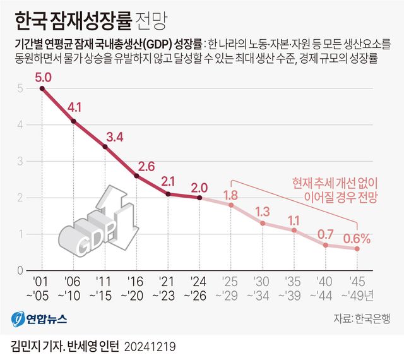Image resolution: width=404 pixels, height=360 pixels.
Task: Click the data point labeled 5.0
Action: coord(42,88)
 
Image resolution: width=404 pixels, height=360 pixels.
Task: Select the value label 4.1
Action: coord(74,107)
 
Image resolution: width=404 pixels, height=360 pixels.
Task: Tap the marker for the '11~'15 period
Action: coord(105,147)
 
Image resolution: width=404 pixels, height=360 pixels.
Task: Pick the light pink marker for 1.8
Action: coord(231,205)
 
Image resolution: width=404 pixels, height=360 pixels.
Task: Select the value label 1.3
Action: coord(263,212)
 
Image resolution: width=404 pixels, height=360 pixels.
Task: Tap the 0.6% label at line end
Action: coord(357,238)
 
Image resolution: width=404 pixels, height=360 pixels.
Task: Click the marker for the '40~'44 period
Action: coord(326,245)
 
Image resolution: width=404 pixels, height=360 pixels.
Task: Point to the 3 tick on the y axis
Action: coord(20,161)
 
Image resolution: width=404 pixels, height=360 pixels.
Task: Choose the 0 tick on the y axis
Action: coord(20,270)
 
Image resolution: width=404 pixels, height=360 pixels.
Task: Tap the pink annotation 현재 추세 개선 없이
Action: coord(335,183)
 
